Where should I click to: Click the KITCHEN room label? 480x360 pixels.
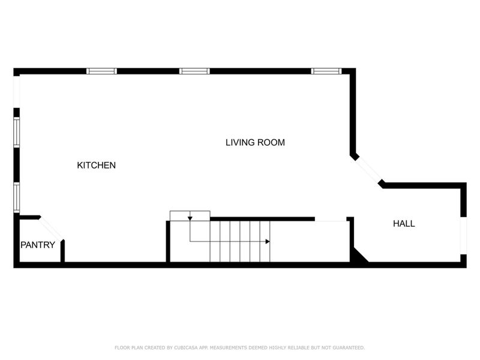coord(96,165)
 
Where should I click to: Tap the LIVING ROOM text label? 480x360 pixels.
coord(255,143)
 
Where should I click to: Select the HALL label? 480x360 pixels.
coord(404,224)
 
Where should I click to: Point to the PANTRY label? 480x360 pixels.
coord(38,245)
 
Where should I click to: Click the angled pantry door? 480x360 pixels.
coord(50,228)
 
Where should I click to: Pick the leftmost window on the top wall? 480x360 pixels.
coord(101,71)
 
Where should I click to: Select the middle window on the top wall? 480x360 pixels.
coord(194,71)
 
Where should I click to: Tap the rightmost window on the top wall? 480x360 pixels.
coord(326,71)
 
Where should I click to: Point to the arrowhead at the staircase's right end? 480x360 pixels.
coord(268,241)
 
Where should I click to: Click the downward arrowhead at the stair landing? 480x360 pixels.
coord(190,218)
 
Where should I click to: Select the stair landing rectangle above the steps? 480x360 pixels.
coord(190,215)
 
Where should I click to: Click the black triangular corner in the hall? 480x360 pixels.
coord(359,257)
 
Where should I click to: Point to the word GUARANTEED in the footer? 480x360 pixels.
coord(347,347)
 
